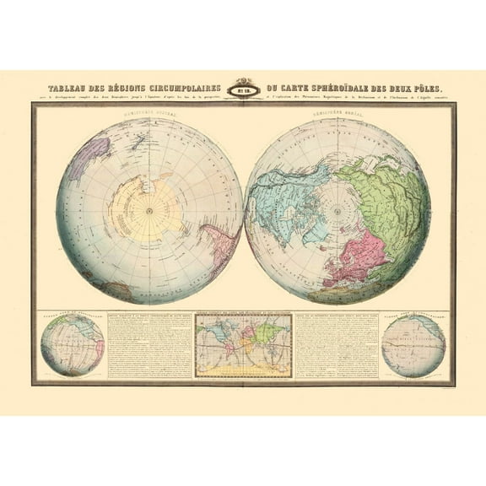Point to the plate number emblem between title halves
243,89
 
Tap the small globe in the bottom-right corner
413,345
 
